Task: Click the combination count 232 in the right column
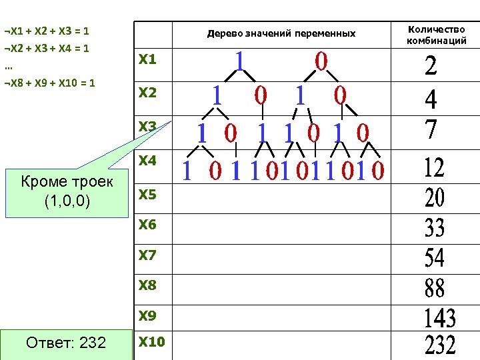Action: [440, 345]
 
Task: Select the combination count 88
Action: [435, 288]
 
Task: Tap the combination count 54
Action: [435, 257]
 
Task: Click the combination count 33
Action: [435, 229]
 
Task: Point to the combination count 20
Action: [435, 197]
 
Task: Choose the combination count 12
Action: [435, 167]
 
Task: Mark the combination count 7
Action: [431, 129]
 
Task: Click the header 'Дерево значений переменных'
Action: [281, 33]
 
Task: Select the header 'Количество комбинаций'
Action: [437, 35]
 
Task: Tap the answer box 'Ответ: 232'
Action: [65, 343]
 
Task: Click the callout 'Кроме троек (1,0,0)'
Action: [66, 191]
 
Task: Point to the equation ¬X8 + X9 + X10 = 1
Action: [49, 83]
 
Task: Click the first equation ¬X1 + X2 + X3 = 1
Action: [47, 31]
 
